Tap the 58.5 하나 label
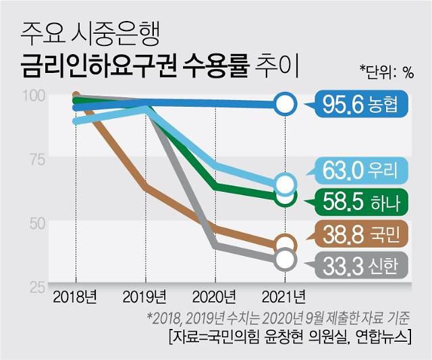[x=362, y=201]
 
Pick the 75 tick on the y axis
[x=36, y=160]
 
